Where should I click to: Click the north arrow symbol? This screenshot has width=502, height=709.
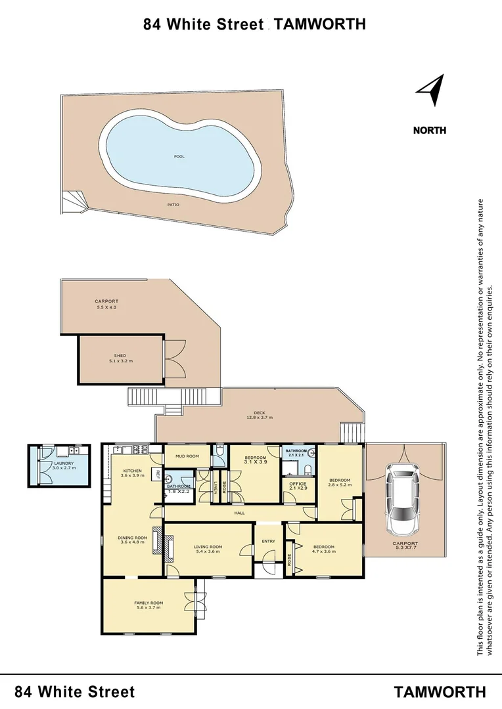[x=431, y=91]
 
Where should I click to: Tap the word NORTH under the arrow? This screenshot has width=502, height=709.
[x=429, y=130]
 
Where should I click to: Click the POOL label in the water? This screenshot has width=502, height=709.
[x=179, y=156]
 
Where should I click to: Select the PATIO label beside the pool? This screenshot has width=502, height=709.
[x=173, y=205]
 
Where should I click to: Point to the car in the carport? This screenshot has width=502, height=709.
[x=401, y=500]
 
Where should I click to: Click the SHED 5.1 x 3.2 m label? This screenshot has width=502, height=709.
[x=120, y=358]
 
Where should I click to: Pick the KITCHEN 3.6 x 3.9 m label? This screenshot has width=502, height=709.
[x=132, y=473]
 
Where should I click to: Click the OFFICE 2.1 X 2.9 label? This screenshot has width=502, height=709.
[x=298, y=486]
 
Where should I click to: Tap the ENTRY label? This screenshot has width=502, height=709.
[x=269, y=542]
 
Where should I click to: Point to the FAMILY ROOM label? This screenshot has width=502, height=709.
[x=148, y=605]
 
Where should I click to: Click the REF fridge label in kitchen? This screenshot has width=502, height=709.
[x=158, y=473]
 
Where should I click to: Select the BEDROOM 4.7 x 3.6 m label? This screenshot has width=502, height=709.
[x=323, y=549]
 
